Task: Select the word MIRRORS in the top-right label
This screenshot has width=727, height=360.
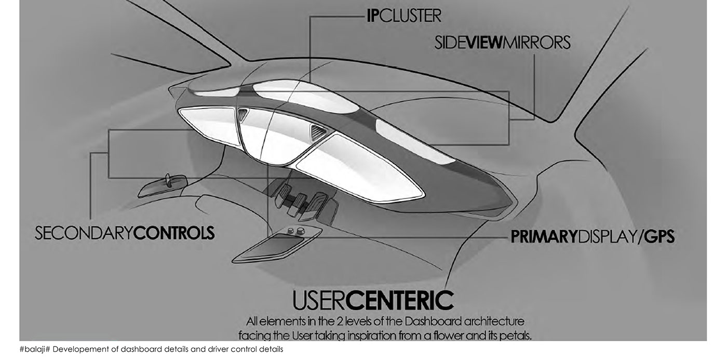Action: [538, 43]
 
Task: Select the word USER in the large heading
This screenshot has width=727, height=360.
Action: [317, 301]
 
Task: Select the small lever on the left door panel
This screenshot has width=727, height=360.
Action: [169, 179]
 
